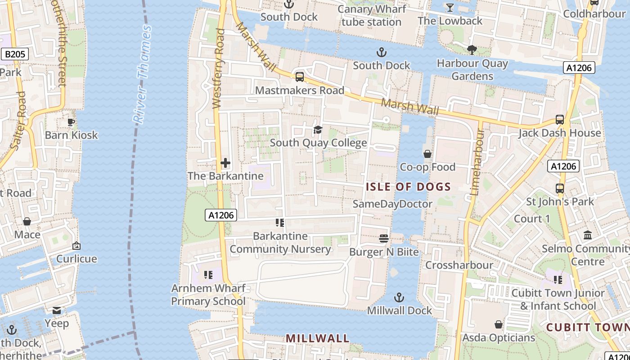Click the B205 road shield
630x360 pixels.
point(15,54)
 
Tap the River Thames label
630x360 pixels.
point(142,74)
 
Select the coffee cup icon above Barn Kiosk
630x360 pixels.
point(71,122)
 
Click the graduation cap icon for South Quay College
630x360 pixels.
point(318,130)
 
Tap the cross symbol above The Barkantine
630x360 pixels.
point(225,163)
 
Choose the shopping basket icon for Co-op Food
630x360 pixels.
point(427,154)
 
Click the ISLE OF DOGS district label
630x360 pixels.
point(408,187)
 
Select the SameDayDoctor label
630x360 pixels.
point(392,204)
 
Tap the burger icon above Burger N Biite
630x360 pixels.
point(384,238)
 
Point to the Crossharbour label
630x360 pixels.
point(459,265)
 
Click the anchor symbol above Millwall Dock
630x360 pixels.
point(399,297)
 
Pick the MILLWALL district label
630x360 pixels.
point(317,338)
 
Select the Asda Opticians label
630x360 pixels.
point(499,337)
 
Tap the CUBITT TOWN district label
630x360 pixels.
point(588,328)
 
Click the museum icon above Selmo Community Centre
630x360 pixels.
point(588,235)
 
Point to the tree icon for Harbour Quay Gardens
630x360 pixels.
point(472,50)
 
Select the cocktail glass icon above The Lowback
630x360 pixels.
point(450,8)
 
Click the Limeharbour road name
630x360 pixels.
point(477,162)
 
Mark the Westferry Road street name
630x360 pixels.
point(218,68)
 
